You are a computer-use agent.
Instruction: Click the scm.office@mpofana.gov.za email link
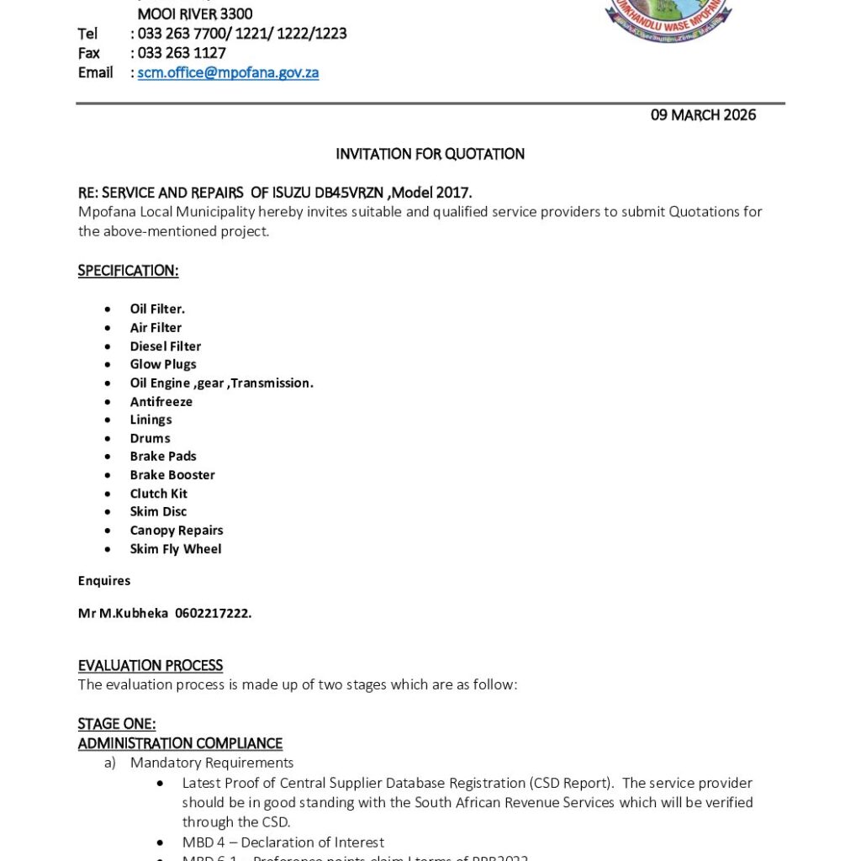point(228,72)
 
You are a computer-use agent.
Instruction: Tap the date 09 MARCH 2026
point(703,115)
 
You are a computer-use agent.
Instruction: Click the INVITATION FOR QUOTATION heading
point(430,154)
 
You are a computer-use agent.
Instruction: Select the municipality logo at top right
point(668,19)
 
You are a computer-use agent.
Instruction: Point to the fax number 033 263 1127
point(182,53)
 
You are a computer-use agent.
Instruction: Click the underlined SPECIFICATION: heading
point(128,271)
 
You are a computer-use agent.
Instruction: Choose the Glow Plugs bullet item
point(162,364)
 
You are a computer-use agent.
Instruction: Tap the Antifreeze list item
point(161,401)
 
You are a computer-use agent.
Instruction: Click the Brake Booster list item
point(172,475)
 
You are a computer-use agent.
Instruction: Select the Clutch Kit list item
point(158,494)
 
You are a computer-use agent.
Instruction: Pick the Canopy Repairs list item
point(176,531)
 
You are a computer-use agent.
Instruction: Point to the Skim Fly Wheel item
point(175,549)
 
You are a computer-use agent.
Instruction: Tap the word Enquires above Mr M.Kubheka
point(104,581)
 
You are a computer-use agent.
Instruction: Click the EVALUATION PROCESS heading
point(151,666)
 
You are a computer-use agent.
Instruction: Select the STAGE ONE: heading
point(117,724)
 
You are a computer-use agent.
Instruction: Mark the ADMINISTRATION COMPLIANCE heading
point(180,743)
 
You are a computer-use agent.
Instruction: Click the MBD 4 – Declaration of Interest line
point(283,842)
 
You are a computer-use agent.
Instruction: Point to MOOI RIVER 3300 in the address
point(195,14)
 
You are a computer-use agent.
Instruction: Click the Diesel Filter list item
point(165,346)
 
